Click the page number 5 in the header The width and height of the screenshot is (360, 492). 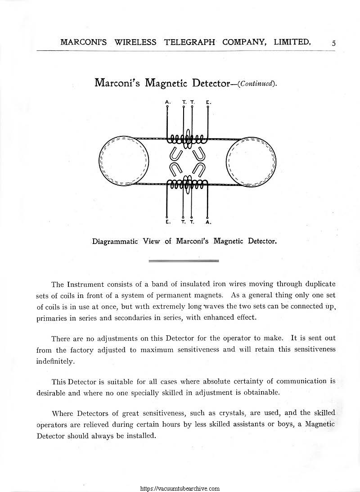(333, 43)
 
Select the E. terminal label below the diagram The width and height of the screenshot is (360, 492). (167, 222)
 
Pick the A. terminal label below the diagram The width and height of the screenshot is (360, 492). (207, 222)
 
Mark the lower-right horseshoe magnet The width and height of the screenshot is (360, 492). (198, 170)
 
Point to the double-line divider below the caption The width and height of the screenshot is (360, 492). (183, 261)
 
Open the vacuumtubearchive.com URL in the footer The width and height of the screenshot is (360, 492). (180, 488)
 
